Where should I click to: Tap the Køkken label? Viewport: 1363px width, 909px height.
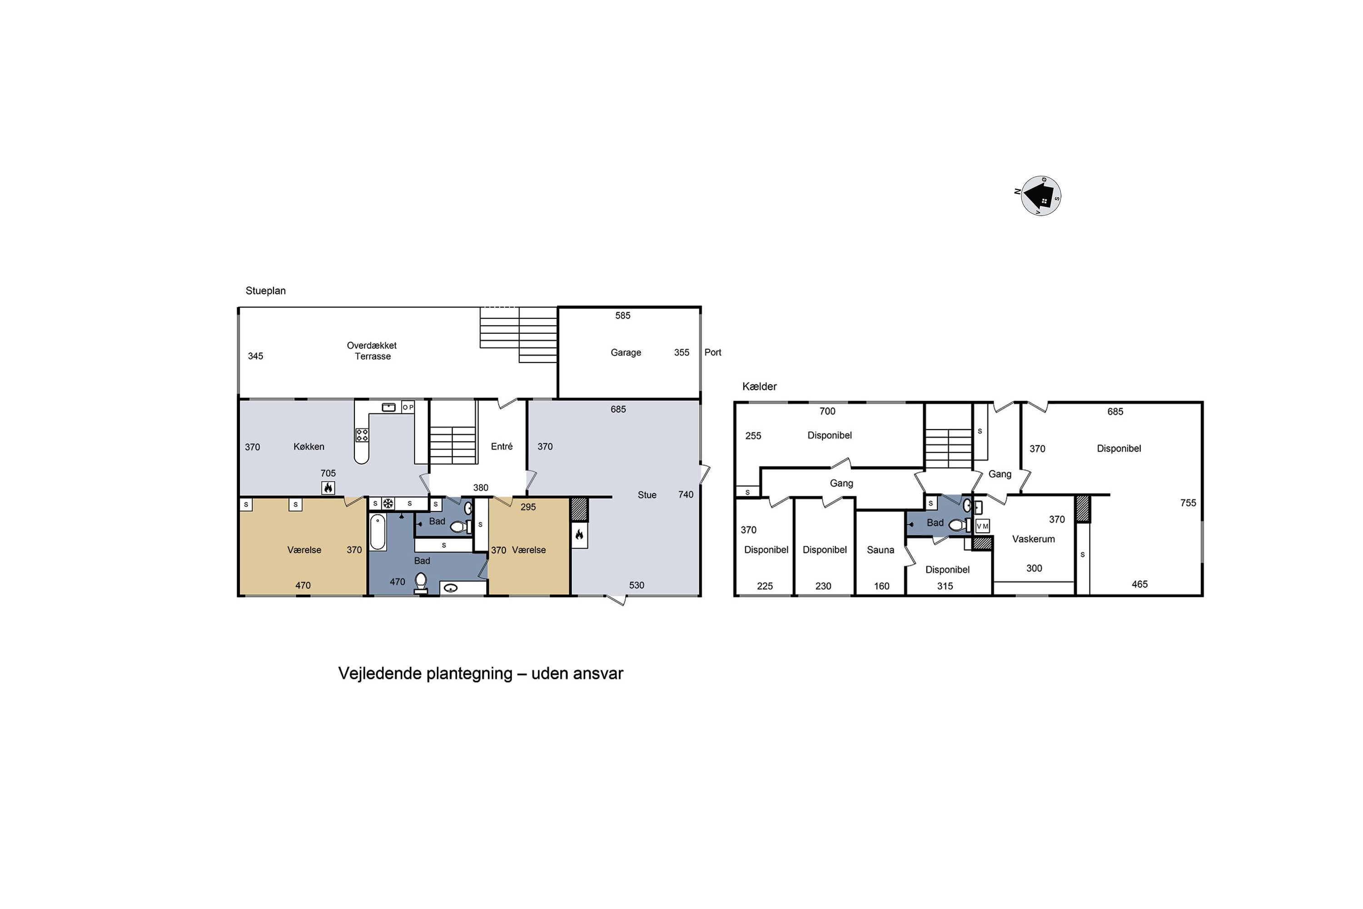pyautogui.click(x=309, y=446)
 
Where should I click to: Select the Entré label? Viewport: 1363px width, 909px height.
pyautogui.click(x=502, y=446)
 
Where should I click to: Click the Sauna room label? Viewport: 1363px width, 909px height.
pyautogui.click(x=880, y=550)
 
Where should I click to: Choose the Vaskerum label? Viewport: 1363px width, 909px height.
pyautogui.click(x=1033, y=539)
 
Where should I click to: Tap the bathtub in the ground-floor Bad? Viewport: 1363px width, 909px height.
pyautogui.click(x=378, y=532)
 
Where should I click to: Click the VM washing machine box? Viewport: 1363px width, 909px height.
pyautogui.click(x=982, y=526)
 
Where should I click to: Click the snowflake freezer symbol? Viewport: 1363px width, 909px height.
pyautogui.click(x=388, y=504)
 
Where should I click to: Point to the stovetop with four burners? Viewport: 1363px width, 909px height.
pyautogui.click(x=362, y=435)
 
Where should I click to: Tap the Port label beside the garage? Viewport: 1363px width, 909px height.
pyautogui.click(x=713, y=353)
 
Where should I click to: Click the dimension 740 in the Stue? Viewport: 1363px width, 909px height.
pyautogui.click(x=686, y=494)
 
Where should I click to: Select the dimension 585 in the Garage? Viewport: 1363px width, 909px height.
pyautogui.click(x=622, y=315)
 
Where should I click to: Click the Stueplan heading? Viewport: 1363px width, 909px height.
pyautogui.click(x=265, y=291)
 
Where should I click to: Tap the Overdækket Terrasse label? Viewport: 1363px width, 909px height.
pyautogui.click(x=372, y=351)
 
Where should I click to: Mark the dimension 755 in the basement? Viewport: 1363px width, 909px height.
pyautogui.click(x=1188, y=503)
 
